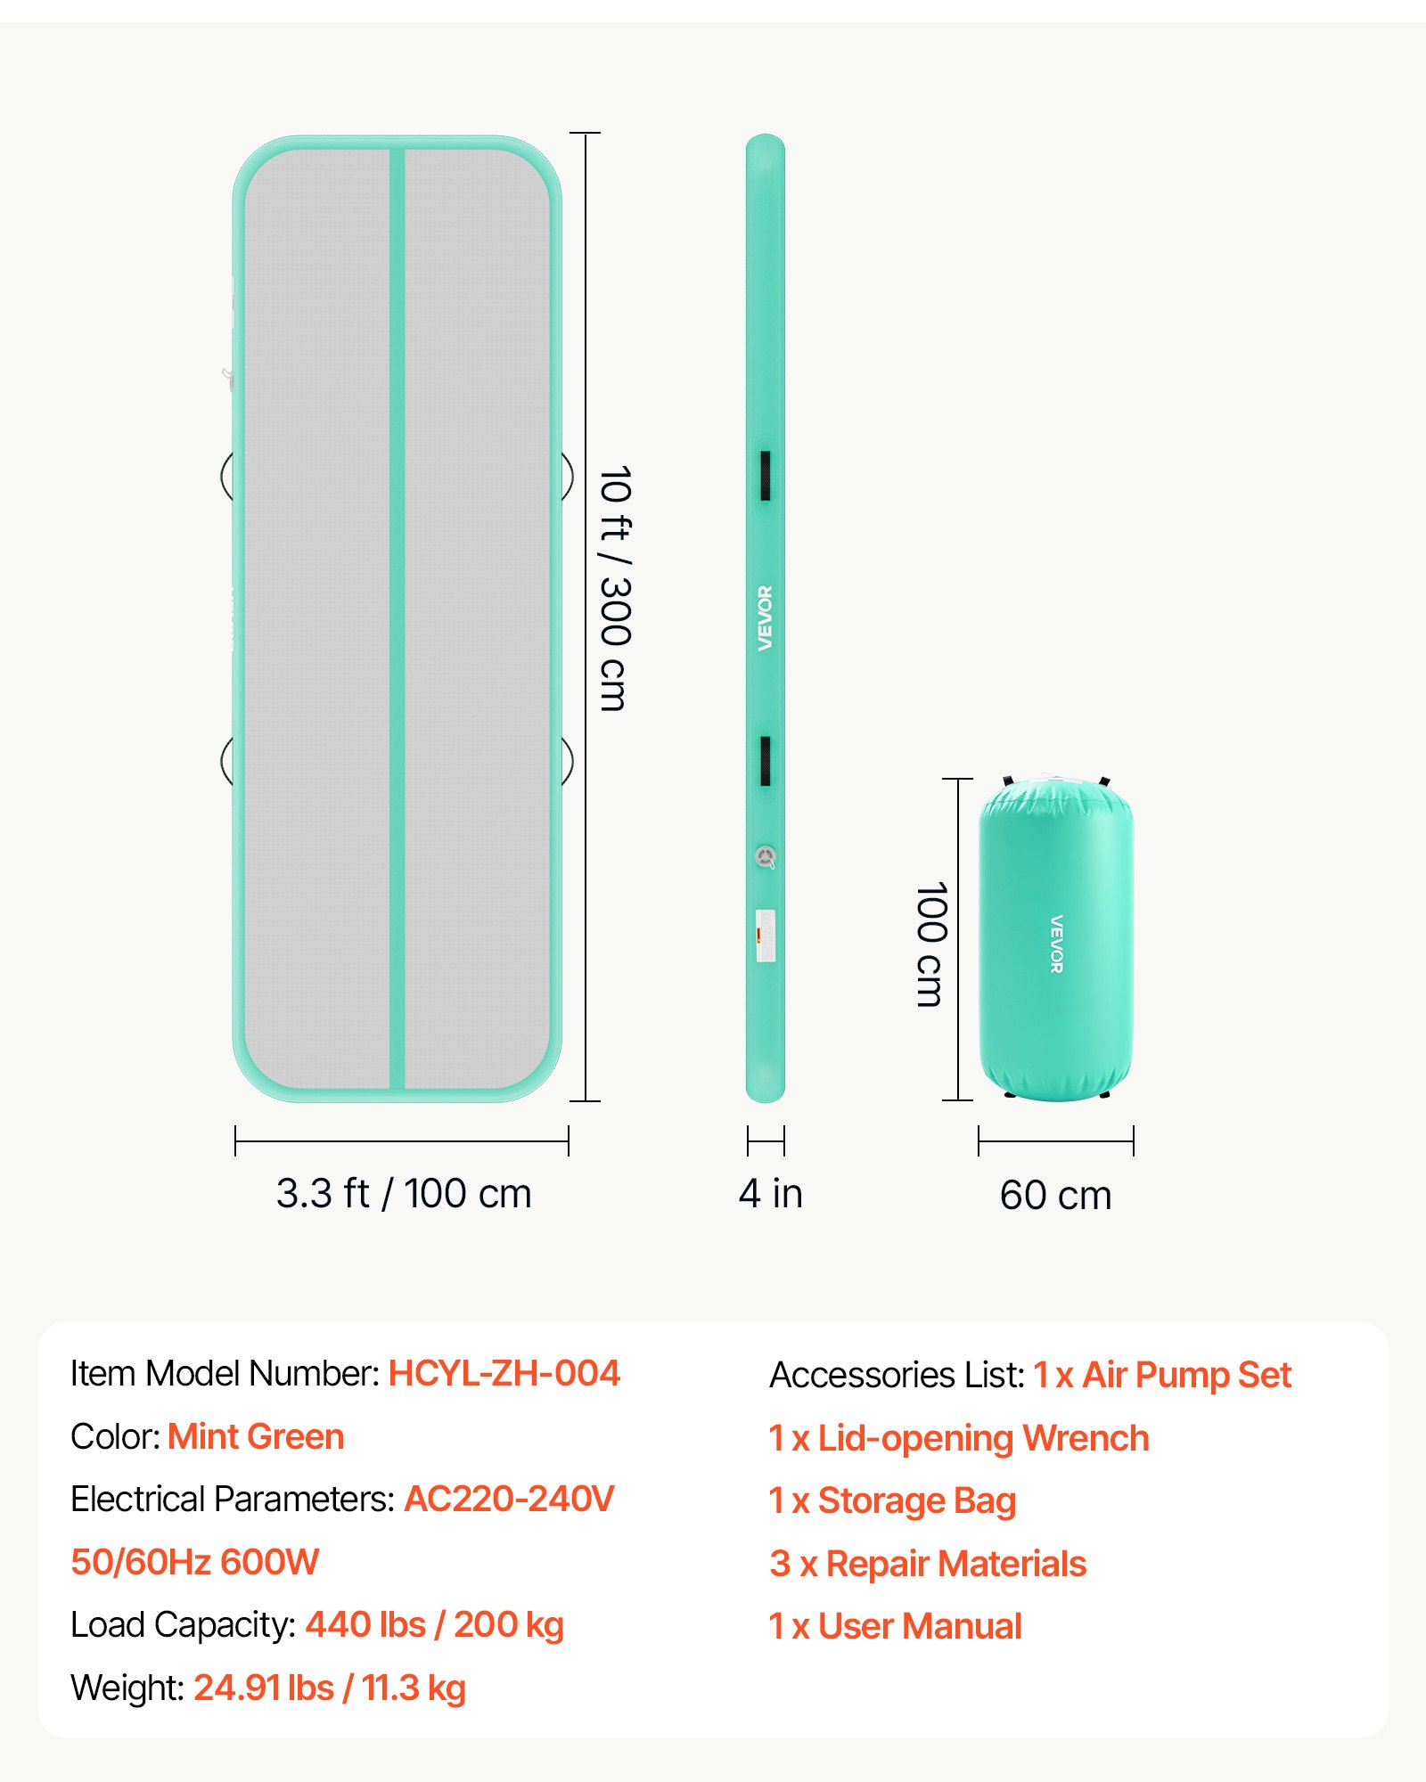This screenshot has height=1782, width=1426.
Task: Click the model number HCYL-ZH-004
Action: [x=504, y=1374]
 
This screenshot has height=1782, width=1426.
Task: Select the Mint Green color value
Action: [x=256, y=1437]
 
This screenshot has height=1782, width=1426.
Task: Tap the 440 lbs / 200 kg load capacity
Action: [x=435, y=1626]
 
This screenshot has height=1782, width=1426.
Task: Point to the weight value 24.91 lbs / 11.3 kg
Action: [x=330, y=1688]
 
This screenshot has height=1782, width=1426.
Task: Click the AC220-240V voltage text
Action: [x=510, y=1500]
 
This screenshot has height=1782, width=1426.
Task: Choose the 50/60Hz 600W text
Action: [x=194, y=1563]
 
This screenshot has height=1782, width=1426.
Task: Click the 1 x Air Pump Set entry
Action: [x=1163, y=1376]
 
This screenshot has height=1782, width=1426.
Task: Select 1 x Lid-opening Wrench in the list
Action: [x=959, y=1439]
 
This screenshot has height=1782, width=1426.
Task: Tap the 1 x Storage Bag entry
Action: [x=892, y=1501]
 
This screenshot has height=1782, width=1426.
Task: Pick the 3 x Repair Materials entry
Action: [x=928, y=1565]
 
